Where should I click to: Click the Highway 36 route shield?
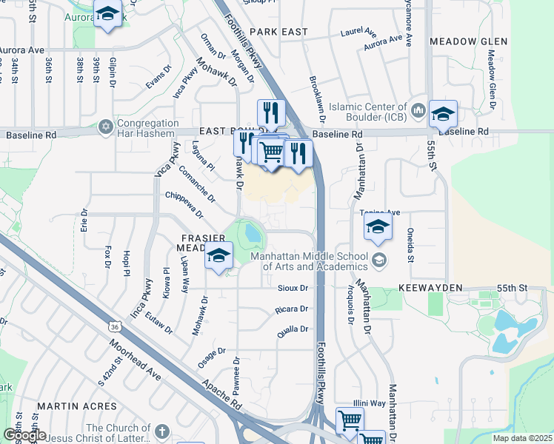[x=113, y=326]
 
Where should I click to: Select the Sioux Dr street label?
[x=292, y=287]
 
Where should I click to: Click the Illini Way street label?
[x=369, y=403]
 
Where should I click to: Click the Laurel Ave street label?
[x=358, y=33]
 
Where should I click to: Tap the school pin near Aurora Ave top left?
[x=108, y=14]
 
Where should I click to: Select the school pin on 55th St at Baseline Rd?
[x=443, y=114]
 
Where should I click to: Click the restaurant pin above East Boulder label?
[x=271, y=112]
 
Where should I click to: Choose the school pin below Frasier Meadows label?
[x=219, y=256]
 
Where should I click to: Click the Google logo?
[x=24, y=435]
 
